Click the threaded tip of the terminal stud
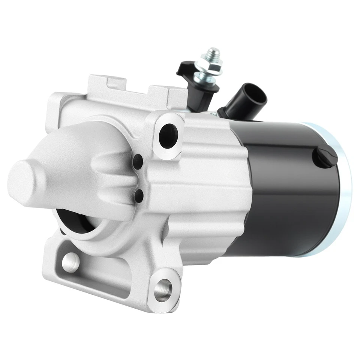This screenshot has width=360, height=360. pyautogui.click(x=214, y=52)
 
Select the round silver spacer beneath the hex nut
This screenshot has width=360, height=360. pyautogui.click(x=205, y=78)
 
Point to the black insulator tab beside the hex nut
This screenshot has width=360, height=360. pyautogui.click(x=183, y=67)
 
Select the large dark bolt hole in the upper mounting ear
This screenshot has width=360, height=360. pyautogui.click(x=167, y=136)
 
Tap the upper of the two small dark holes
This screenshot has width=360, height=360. pyautogui.click(x=138, y=162)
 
